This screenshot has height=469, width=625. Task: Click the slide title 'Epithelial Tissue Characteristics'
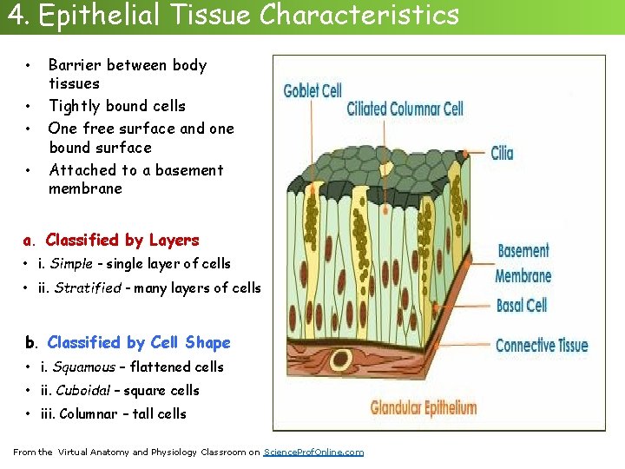point(253,15)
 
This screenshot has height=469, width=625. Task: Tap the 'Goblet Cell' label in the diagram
point(312,90)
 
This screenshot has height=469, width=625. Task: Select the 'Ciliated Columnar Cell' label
point(405,109)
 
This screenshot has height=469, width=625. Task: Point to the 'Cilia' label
point(502,154)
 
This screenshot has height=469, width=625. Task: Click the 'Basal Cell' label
point(521,305)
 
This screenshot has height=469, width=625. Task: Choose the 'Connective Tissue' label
point(541,345)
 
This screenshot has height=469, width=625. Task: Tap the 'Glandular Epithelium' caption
point(424,406)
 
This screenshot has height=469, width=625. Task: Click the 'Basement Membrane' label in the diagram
point(523,263)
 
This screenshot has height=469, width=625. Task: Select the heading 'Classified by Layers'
point(122,240)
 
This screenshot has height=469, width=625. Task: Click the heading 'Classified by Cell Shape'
point(139,342)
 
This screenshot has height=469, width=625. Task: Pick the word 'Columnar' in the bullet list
point(86,413)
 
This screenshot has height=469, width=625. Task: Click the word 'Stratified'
point(88,287)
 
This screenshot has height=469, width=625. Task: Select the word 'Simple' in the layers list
point(71,263)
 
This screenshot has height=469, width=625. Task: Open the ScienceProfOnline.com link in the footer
point(313,452)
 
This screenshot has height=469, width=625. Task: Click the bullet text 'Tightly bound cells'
point(117,106)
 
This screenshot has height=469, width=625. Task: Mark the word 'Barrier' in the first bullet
point(75,65)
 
